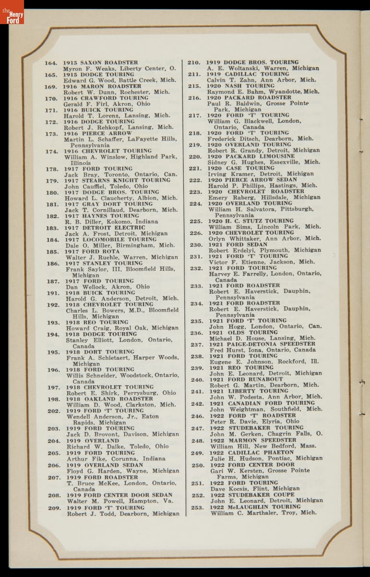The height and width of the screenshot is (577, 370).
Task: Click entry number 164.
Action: (51, 63)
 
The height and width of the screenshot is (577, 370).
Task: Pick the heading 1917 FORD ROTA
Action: (93, 251)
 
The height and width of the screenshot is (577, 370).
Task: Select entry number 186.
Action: (53, 263)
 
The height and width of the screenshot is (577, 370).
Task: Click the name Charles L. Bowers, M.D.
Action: (99, 311)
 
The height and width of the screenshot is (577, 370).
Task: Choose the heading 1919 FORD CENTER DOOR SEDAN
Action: (119, 495)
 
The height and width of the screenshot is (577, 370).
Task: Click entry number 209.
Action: (54, 508)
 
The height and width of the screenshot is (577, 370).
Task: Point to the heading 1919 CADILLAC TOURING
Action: (248, 74)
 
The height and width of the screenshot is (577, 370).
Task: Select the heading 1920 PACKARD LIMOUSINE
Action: (251, 156)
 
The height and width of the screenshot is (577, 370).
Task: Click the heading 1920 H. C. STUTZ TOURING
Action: (251, 221)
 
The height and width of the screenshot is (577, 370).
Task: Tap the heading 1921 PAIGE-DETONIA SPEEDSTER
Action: (262, 344)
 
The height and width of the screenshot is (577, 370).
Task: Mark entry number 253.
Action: (197, 507)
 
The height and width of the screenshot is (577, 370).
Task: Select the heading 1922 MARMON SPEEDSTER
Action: (253, 440)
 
